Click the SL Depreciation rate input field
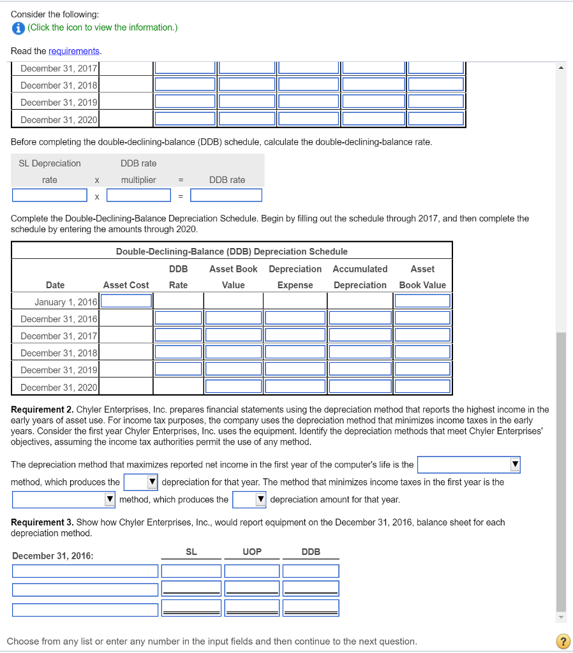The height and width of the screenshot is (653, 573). point(50,195)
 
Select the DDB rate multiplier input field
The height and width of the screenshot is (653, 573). point(138,195)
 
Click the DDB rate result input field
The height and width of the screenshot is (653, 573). point(226,195)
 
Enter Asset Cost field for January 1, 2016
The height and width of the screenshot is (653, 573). point(126,301)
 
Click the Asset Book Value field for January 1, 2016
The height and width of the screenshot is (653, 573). point(422,301)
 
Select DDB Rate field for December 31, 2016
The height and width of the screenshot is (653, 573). point(178,318)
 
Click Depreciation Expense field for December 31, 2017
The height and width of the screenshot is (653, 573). point(295,335)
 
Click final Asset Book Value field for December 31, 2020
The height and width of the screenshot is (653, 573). point(422,386)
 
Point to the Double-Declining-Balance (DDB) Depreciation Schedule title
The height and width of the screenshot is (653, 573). point(232,251)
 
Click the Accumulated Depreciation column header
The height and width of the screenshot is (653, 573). point(360,277)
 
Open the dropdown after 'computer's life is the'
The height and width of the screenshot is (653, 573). point(469,465)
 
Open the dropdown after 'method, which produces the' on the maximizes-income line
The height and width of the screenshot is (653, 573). point(141,482)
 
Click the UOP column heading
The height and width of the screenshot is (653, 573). point(252,552)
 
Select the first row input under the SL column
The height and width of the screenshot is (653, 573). point(191,571)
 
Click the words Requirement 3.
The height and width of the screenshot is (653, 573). point(41,522)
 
